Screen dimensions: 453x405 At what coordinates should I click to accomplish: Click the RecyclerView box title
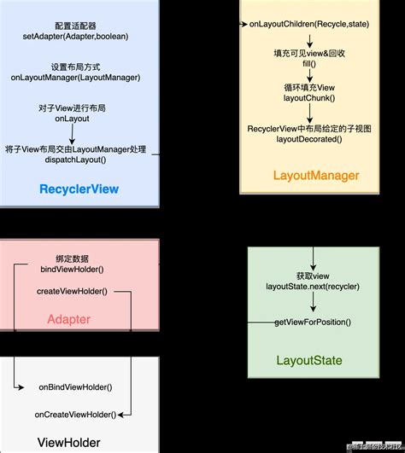(79, 189)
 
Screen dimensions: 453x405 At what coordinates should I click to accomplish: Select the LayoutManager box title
(315, 176)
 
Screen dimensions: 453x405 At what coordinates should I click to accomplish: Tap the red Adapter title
(67, 320)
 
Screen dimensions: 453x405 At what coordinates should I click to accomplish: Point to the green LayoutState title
(308, 360)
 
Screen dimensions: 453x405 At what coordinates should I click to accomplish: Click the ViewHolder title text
(69, 442)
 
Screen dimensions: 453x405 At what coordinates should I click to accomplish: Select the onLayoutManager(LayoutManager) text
(78, 78)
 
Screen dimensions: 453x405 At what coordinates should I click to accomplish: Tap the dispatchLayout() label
(79, 160)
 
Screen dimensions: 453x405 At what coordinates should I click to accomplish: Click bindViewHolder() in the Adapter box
(72, 270)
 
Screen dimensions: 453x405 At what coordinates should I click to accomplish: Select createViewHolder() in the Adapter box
(72, 292)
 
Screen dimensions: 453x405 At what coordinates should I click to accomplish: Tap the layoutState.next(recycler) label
(313, 286)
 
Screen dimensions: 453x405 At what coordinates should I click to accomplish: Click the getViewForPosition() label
(313, 322)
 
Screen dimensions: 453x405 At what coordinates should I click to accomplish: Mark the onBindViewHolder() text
(75, 387)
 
